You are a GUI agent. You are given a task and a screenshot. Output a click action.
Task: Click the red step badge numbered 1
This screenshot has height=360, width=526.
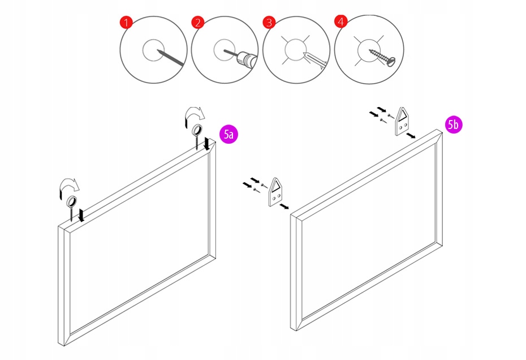click(126, 23)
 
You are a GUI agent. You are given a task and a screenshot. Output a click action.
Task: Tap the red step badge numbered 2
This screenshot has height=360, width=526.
click(197, 23)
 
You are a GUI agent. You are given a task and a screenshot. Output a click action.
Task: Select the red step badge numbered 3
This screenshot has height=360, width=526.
click(269, 23)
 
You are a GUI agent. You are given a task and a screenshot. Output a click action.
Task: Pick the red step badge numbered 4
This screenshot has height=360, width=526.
click(340, 22)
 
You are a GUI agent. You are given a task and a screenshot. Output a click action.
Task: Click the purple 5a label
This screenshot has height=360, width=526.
click(228, 134)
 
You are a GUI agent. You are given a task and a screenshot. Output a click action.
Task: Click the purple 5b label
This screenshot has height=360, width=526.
click(453, 125)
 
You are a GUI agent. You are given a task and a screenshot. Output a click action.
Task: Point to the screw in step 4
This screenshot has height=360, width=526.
click(383, 55)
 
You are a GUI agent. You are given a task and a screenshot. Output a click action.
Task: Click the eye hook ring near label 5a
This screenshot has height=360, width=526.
click(198, 130)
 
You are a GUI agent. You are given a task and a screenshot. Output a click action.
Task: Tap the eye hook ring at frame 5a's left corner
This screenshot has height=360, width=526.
click(72, 202)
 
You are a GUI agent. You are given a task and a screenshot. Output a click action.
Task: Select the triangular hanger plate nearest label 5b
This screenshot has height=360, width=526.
click(402, 121)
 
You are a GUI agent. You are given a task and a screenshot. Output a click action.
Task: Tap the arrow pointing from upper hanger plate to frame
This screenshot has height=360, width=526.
click(414, 136)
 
